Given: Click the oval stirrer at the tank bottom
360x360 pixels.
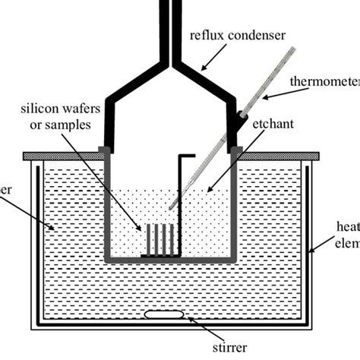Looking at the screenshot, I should [x=164, y=314].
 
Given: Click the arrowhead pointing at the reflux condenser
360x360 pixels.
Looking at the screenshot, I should [x=204, y=69].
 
